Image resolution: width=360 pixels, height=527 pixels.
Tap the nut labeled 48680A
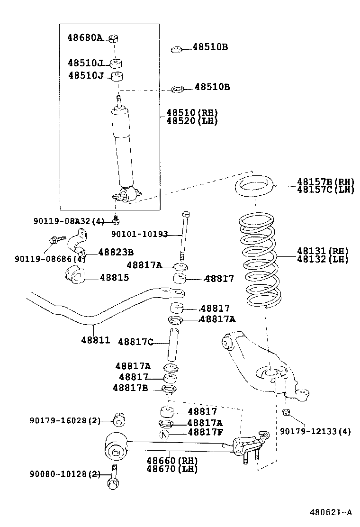pos(113,38)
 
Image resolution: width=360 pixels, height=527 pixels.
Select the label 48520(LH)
pos(192,121)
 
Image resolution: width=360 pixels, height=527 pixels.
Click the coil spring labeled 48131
pos(258,261)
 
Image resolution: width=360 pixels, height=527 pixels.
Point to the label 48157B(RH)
pos(325,182)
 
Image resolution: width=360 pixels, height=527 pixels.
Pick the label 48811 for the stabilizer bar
pos(95,340)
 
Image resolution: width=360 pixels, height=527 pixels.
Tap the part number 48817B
pos(131,388)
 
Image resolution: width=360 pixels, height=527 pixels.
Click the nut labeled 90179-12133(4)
pos(286,411)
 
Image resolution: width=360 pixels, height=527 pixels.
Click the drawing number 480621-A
pos(331,512)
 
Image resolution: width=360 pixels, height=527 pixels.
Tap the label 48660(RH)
pos(171,461)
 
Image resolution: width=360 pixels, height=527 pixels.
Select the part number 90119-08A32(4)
pos(69,221)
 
